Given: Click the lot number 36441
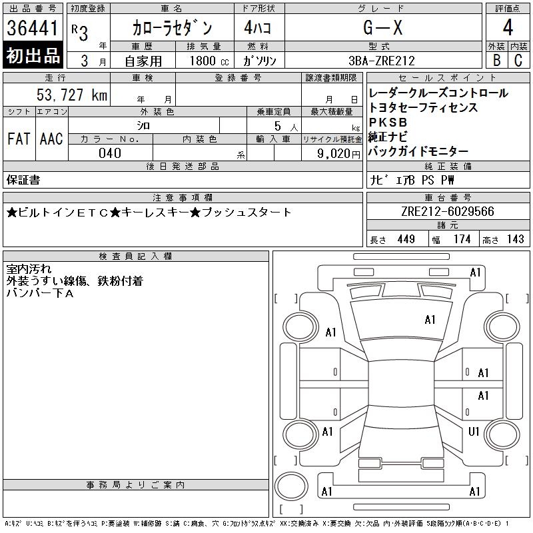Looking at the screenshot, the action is click(32, 27).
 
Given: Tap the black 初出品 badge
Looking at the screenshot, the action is click(33, 55).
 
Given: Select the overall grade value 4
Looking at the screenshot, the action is click(508, 27).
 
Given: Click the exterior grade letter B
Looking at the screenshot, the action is click(496, 60).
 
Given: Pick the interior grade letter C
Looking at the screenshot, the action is click(518, 60).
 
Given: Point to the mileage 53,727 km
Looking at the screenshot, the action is click(72, 95).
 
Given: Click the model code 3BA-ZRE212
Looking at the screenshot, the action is click(382, 61).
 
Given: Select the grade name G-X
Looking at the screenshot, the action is click(382, 27).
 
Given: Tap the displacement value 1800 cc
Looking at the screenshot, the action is click(209, 61).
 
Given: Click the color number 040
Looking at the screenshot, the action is click(110, 153).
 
